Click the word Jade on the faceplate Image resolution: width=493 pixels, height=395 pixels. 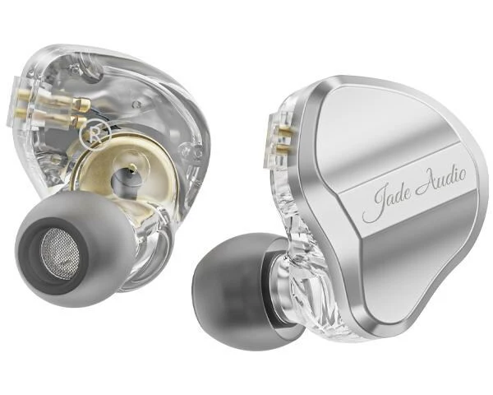point(387,202)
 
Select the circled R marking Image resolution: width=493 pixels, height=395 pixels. point(95,132)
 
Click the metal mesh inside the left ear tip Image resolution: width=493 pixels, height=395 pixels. point(60,253)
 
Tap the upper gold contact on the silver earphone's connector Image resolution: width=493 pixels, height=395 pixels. point(283,130)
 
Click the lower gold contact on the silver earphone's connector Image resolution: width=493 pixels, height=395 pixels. point(283,146)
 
